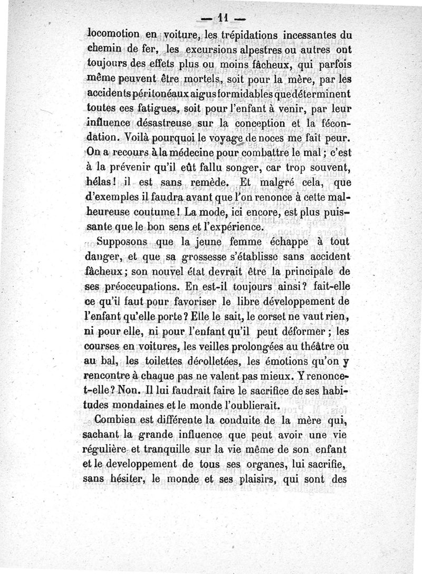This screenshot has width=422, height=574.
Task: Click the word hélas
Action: (98, 183)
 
